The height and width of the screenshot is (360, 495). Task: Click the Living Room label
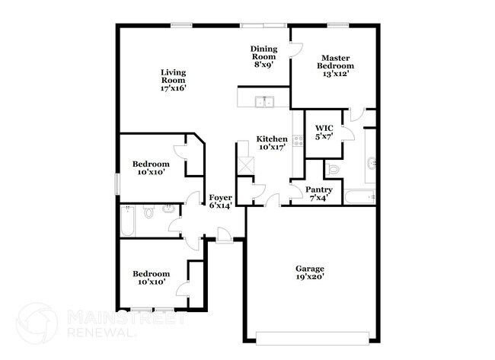coord(174,80)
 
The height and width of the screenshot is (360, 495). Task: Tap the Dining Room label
coord(263,56)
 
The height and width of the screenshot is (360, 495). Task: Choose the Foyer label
coord(221,201)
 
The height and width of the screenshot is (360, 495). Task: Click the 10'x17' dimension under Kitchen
coord(272,147)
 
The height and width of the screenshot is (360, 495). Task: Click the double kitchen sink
coord(265,100)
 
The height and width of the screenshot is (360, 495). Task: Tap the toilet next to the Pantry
coord(334,169)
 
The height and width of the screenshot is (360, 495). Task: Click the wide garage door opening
coord(315,336)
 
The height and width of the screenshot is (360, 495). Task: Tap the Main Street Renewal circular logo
coord(37,322)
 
